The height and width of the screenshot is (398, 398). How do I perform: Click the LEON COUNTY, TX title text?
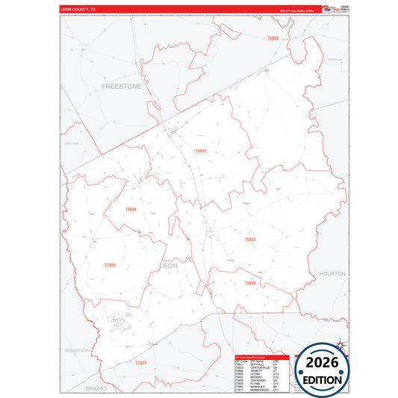tap(78, 8)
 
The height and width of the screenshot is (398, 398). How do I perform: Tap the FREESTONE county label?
tap(120, 87)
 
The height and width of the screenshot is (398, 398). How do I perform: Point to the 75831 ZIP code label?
tap(200, 151)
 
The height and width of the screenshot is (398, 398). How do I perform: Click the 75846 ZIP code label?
tap(131, 209)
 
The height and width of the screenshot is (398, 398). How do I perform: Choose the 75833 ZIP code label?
tap(250, 239)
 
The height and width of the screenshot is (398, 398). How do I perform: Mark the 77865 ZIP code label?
tap(111, 265)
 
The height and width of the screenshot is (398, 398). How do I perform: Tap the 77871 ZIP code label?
tap(141, 363)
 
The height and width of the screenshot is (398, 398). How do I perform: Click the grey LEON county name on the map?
tap(170, 265)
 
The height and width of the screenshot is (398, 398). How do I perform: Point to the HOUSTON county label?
tap(332, 274)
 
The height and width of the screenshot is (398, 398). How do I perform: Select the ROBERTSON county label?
tap(77, 349)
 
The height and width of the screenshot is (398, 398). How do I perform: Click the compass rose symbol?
tap(341, 344)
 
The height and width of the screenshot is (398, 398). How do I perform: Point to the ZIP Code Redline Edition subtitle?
tap(299, 13)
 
